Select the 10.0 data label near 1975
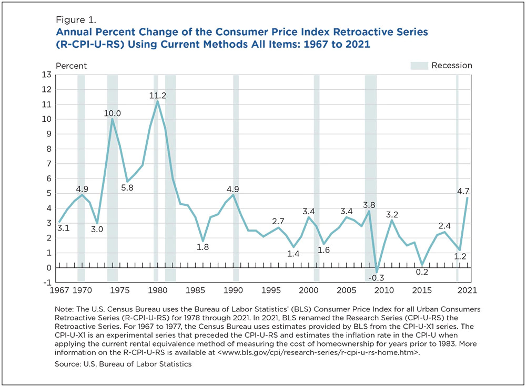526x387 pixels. (x=113, y=113)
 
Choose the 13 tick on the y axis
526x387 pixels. (x=47, y=75)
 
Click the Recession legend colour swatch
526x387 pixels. (x=419, y=66)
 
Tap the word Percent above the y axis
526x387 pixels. (x=72, y=66)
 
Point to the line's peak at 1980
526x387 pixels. (x=157, y=101)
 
